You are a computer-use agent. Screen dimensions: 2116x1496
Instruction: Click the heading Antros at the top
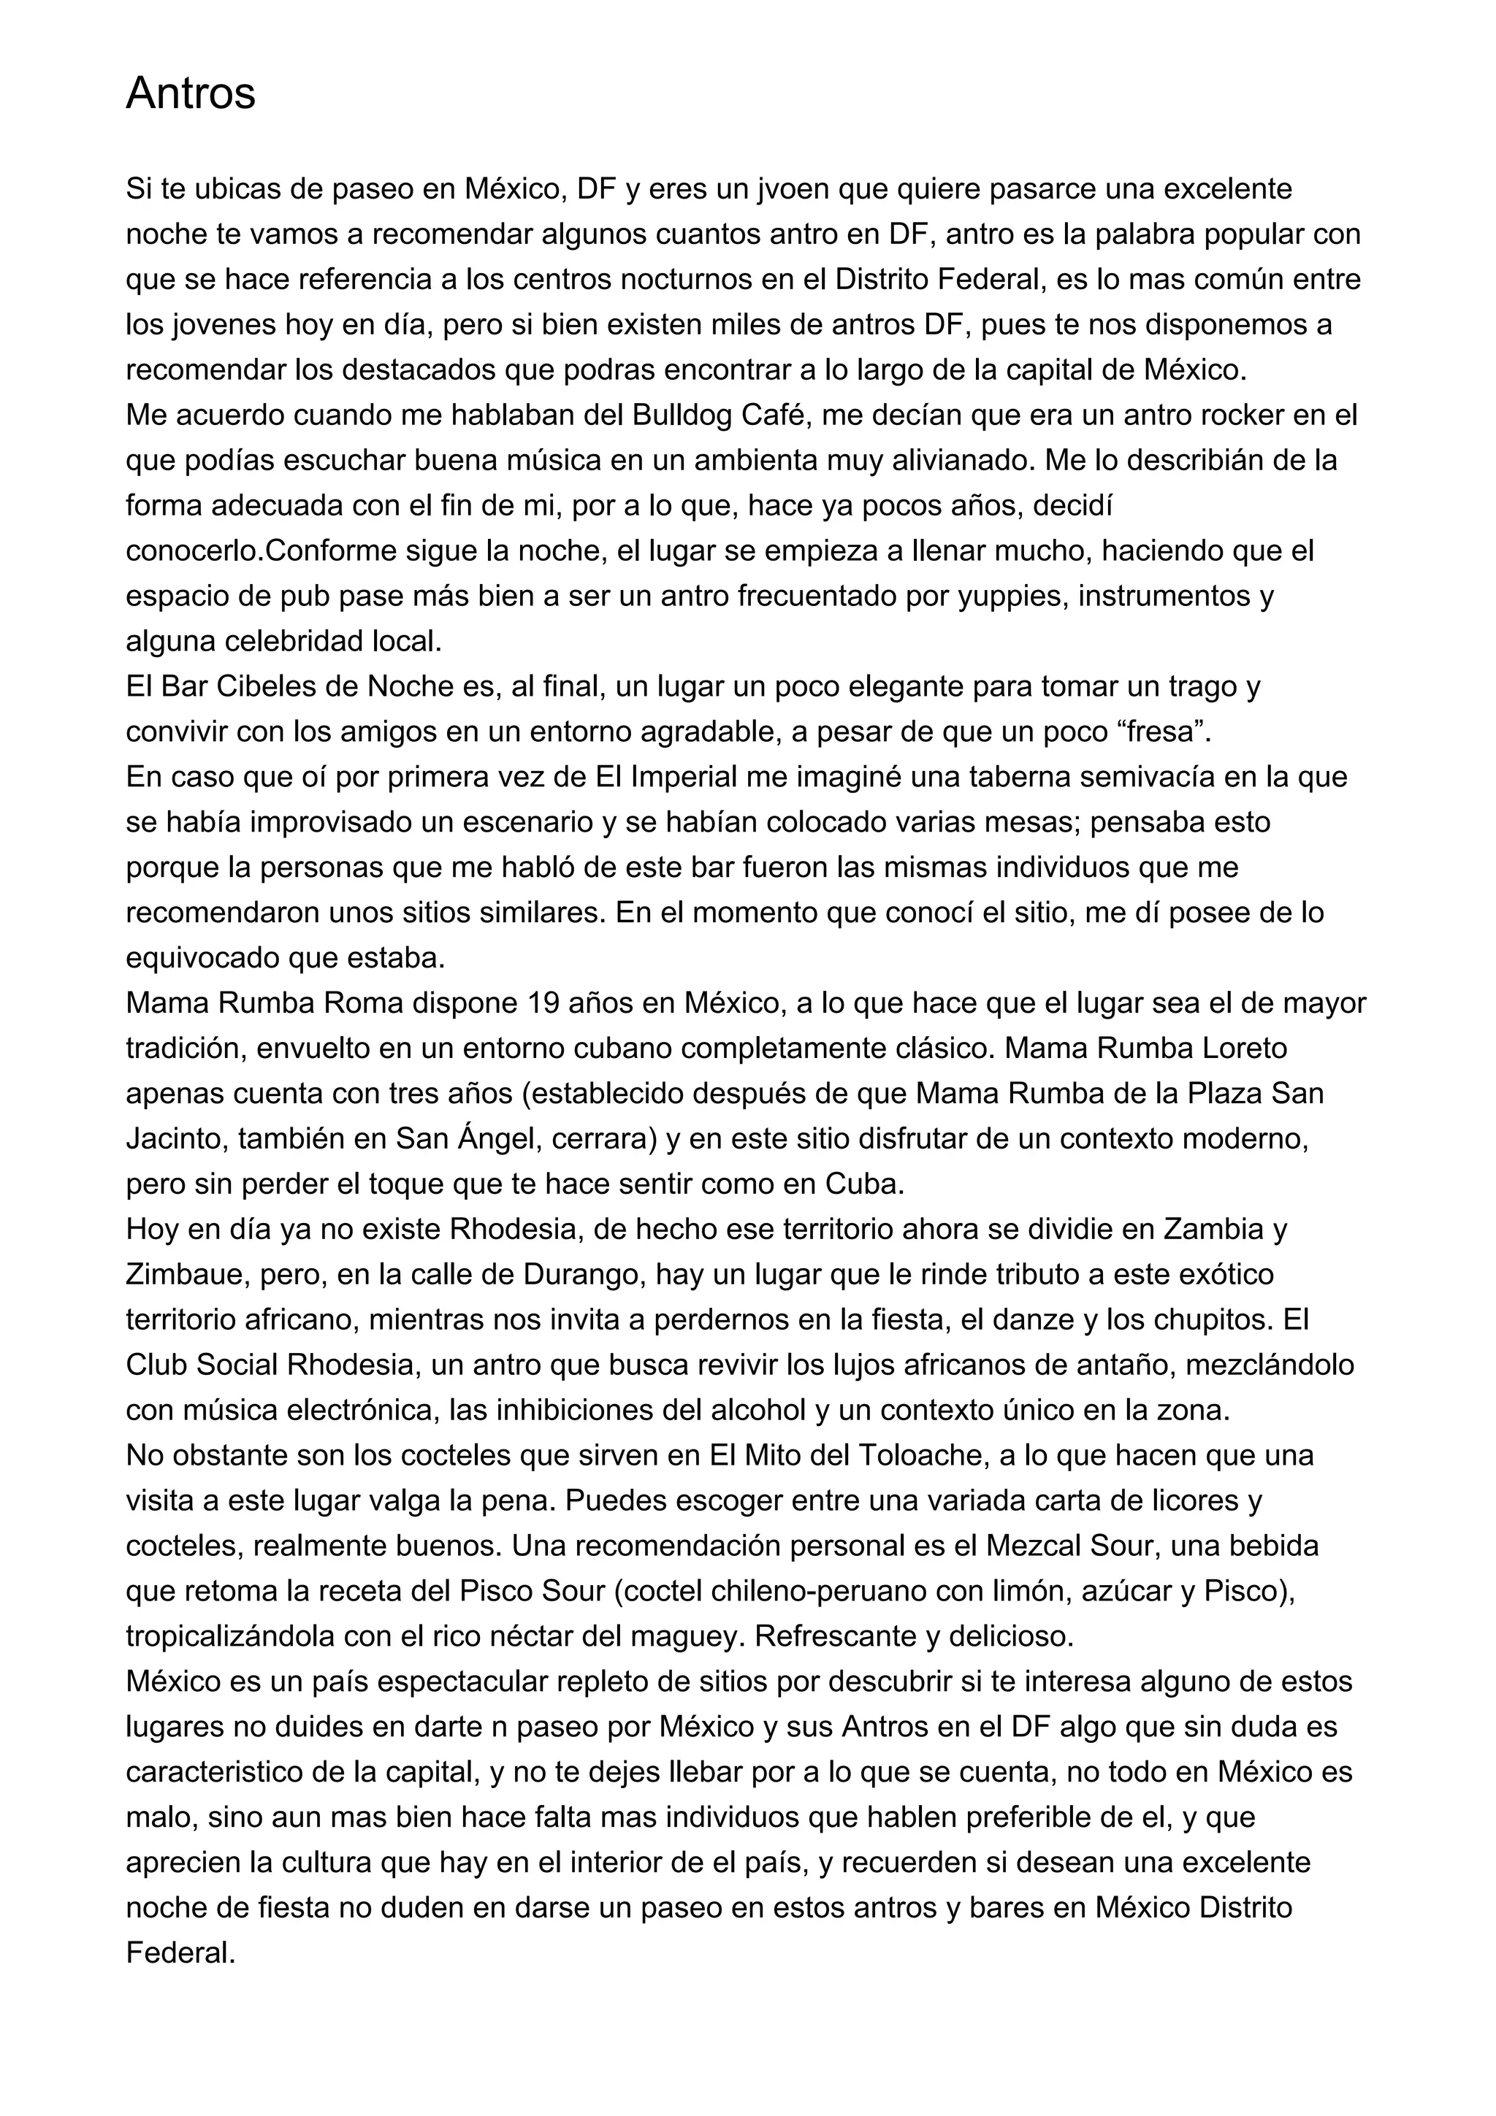(x=190, y=93)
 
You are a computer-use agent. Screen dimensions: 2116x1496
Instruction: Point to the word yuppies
(x=1010, y=597)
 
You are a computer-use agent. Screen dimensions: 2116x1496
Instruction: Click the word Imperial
(x=683, y=777)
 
